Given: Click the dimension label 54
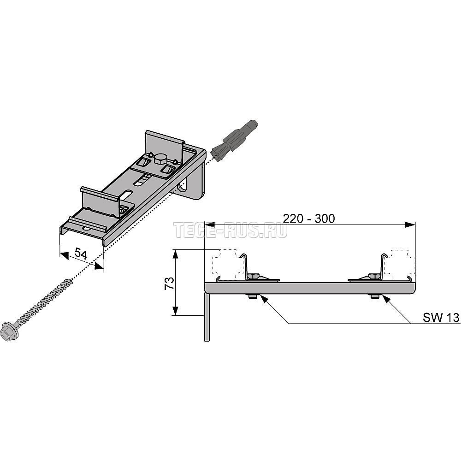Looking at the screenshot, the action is click(81, 253).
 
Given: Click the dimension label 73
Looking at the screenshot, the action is click(170, 283).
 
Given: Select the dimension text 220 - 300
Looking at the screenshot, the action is click(309, 219).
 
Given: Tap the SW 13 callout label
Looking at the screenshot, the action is click(441, 317).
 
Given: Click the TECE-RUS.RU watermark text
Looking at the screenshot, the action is click(230, 230).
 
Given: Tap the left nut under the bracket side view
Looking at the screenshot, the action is click(253, 296).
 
